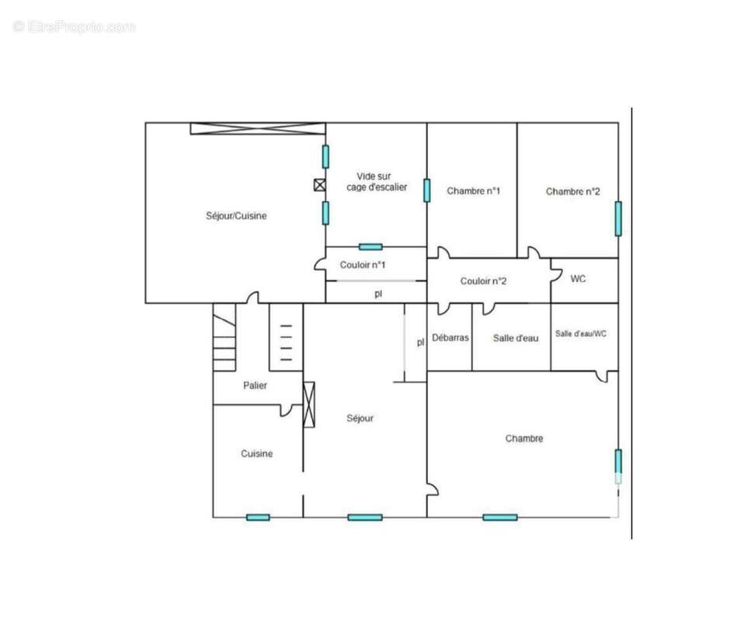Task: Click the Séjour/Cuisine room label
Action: (236, 216)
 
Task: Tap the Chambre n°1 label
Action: (473, 190)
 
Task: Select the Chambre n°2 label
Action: (572, 191)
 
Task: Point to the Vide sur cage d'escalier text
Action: (376, 182)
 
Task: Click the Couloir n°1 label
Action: (363, 264)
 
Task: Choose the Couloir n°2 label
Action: (483, 281)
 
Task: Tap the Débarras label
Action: (451, 337)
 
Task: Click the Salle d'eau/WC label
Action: (581, 334)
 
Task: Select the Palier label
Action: (255, 385)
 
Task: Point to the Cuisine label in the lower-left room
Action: (256, 453)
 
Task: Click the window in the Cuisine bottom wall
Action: (258, 518)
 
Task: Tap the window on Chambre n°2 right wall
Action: (618, 218)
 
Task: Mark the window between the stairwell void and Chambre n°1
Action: (426, 190)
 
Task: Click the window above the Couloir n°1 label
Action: (371, 246)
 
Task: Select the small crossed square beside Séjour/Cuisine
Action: (320, 184)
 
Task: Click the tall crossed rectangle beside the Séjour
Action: (308, 405)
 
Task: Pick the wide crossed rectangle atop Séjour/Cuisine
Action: (258, 128)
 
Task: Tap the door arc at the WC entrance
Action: (557, 275)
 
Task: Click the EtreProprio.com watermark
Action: (74, 26)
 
